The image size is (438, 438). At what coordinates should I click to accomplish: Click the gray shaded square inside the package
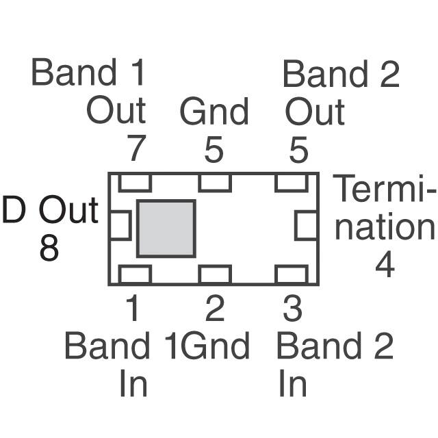[x=166, y=229]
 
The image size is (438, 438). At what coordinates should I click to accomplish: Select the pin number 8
[x=49, y=248]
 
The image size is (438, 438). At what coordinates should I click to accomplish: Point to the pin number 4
[x=385, y=264]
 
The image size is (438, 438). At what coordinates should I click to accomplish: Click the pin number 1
[x=133, y=310]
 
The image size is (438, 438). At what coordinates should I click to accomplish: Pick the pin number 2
[x=214, y=310]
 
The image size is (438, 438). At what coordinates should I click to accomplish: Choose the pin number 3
[x=292, y=310]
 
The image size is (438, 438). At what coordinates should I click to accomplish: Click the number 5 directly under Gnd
[x=214, y=150]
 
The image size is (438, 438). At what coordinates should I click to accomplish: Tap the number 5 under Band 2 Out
[x=298, y=150]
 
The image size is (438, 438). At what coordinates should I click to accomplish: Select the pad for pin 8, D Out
[x=120, y=226]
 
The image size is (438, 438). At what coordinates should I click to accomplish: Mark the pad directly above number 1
[x=134, y=274]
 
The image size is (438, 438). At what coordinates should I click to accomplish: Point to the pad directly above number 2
[x=214, y=274]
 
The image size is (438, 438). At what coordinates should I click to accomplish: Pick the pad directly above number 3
[x=290, y=274]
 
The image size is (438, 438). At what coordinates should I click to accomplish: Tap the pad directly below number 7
[x=134, y=183]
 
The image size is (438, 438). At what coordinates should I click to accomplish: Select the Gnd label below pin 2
[x=216, y=348]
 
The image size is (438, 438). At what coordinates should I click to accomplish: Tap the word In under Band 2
[x=292, y=385]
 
